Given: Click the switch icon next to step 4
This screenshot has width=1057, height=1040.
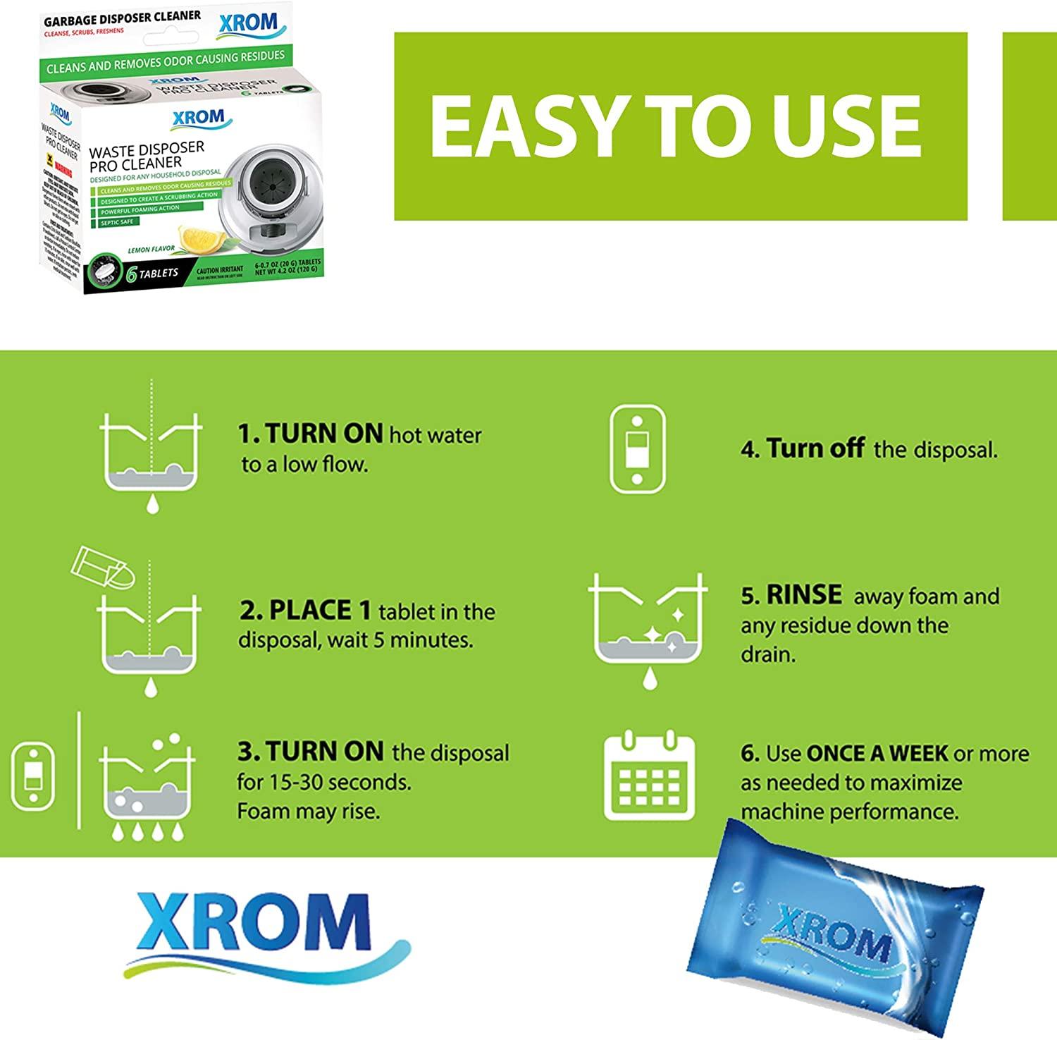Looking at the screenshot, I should click(x=637, y=448).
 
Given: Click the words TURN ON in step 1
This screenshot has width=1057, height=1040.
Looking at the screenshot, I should click(x=311, y=434).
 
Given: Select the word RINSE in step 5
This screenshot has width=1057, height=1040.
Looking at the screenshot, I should click(x=803, y=595).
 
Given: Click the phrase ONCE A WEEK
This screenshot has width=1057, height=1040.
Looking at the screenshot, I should click(x=877, y=753).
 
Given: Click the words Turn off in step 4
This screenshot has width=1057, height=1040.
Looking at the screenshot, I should click(x=815, y=448).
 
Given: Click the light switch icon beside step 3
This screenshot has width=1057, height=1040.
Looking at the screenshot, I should click(x=32, y=776).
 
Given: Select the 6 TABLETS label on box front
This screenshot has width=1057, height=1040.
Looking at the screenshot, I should click(x=151, y=274).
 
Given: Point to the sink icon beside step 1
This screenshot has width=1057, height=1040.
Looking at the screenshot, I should click(x=152, y=451).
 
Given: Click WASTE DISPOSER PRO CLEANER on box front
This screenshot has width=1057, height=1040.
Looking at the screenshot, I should click(x=144, y=155).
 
